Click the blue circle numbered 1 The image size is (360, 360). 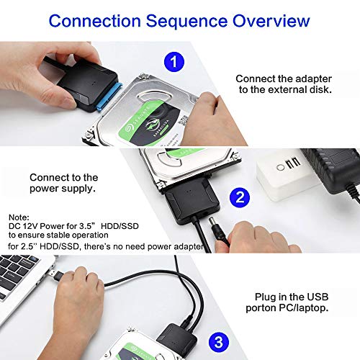click(x=174, y=62)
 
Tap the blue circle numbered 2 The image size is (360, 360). click(x=240, y=197)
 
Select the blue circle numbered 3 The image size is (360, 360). click(x=218, y=342)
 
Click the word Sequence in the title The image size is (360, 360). click(x=186, y=21)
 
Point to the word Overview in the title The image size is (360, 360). click(x=271, y=21)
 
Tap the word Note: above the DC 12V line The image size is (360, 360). click(x=19, y=217)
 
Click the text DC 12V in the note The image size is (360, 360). click(x=23, y=226)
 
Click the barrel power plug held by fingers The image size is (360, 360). click(x=218, y=231)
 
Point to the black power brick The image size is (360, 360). click(x=333, y=169)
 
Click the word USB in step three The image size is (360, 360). click(x=318, y=297)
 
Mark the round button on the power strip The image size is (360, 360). click(x=280, y=167)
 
